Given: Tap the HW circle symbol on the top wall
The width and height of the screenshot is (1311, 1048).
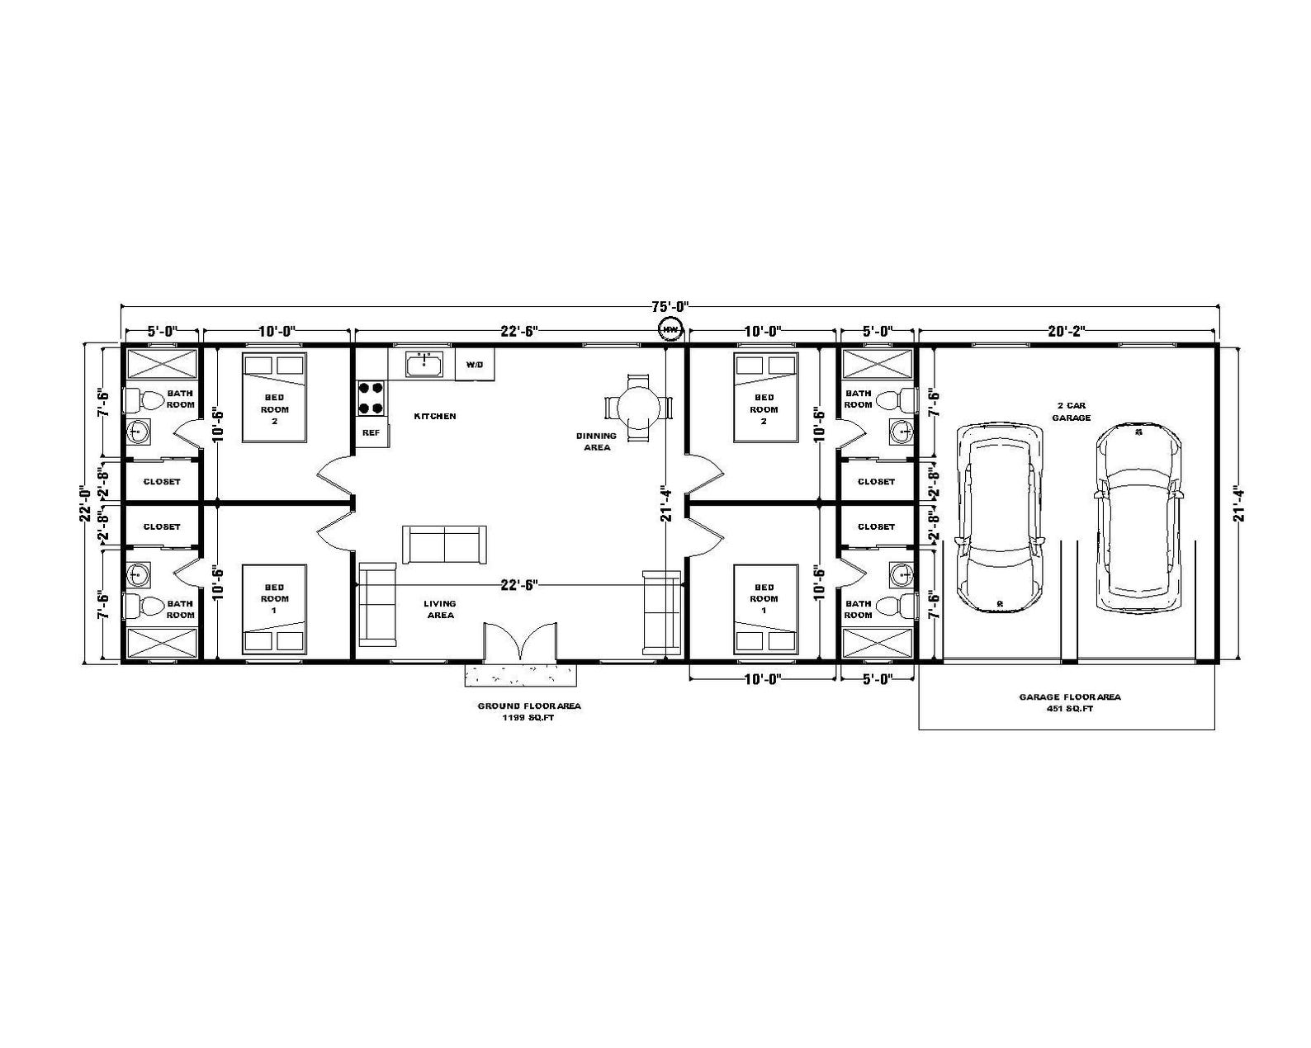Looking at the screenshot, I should pos(670,329).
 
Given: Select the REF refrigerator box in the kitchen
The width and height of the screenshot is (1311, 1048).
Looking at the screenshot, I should pos(372,432).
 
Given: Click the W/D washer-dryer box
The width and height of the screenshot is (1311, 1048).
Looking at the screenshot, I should pos(475,364).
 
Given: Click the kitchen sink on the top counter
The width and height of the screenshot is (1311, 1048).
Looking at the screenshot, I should pos(424,363).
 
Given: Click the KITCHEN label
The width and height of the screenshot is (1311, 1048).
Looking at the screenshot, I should pos(434,416).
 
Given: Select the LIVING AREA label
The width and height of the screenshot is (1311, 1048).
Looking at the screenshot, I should pos(439,609).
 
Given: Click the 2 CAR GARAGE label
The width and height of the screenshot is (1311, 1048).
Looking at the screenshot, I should pos(1071,412).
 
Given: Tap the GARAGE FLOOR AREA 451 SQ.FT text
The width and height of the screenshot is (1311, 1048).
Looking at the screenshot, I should pos(1069,702).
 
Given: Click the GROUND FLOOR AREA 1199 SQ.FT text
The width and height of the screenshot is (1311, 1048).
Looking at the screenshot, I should pos(528,712).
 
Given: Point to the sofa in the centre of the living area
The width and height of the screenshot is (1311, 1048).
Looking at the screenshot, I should pos(444,544).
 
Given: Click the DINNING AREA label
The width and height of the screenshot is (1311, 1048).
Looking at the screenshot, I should pos(596,441).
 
